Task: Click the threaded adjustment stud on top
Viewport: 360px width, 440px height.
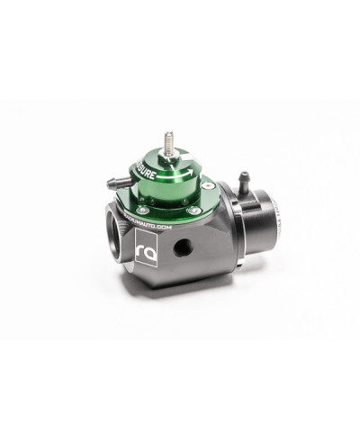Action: (x=169, y=142)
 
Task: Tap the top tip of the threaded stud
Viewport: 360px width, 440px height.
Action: (x=169, y=134)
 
